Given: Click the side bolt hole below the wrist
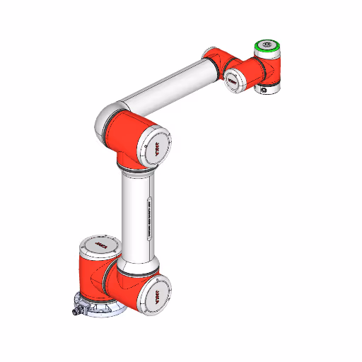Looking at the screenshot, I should point(263,90).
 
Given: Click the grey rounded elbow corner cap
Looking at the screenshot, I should point(105,120).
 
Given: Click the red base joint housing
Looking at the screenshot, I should point(95,279).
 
